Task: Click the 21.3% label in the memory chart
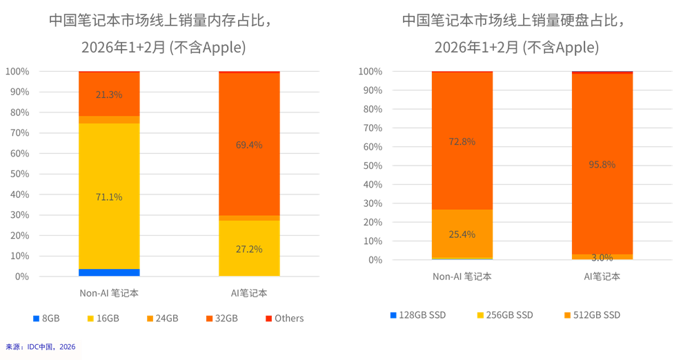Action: [x=109, y=94]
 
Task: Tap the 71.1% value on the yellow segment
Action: [x=109, y=197]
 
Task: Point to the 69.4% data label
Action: [x=249, y=145]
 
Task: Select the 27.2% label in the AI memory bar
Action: [x=249, y=248]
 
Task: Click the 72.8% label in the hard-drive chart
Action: [x=462, y=141]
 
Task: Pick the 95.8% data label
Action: [x=602, y=164]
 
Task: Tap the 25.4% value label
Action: [x=462, y=234]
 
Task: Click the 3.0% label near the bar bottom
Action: [x=602, y=257]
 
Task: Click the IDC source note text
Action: [x=41, y=346]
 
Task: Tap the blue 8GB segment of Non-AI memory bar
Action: [x=109, y=272]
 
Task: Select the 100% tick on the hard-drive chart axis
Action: [x=370, y=72]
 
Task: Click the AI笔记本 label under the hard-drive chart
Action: [x=602, y=276]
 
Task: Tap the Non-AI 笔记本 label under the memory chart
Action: [x=109, y=292]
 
